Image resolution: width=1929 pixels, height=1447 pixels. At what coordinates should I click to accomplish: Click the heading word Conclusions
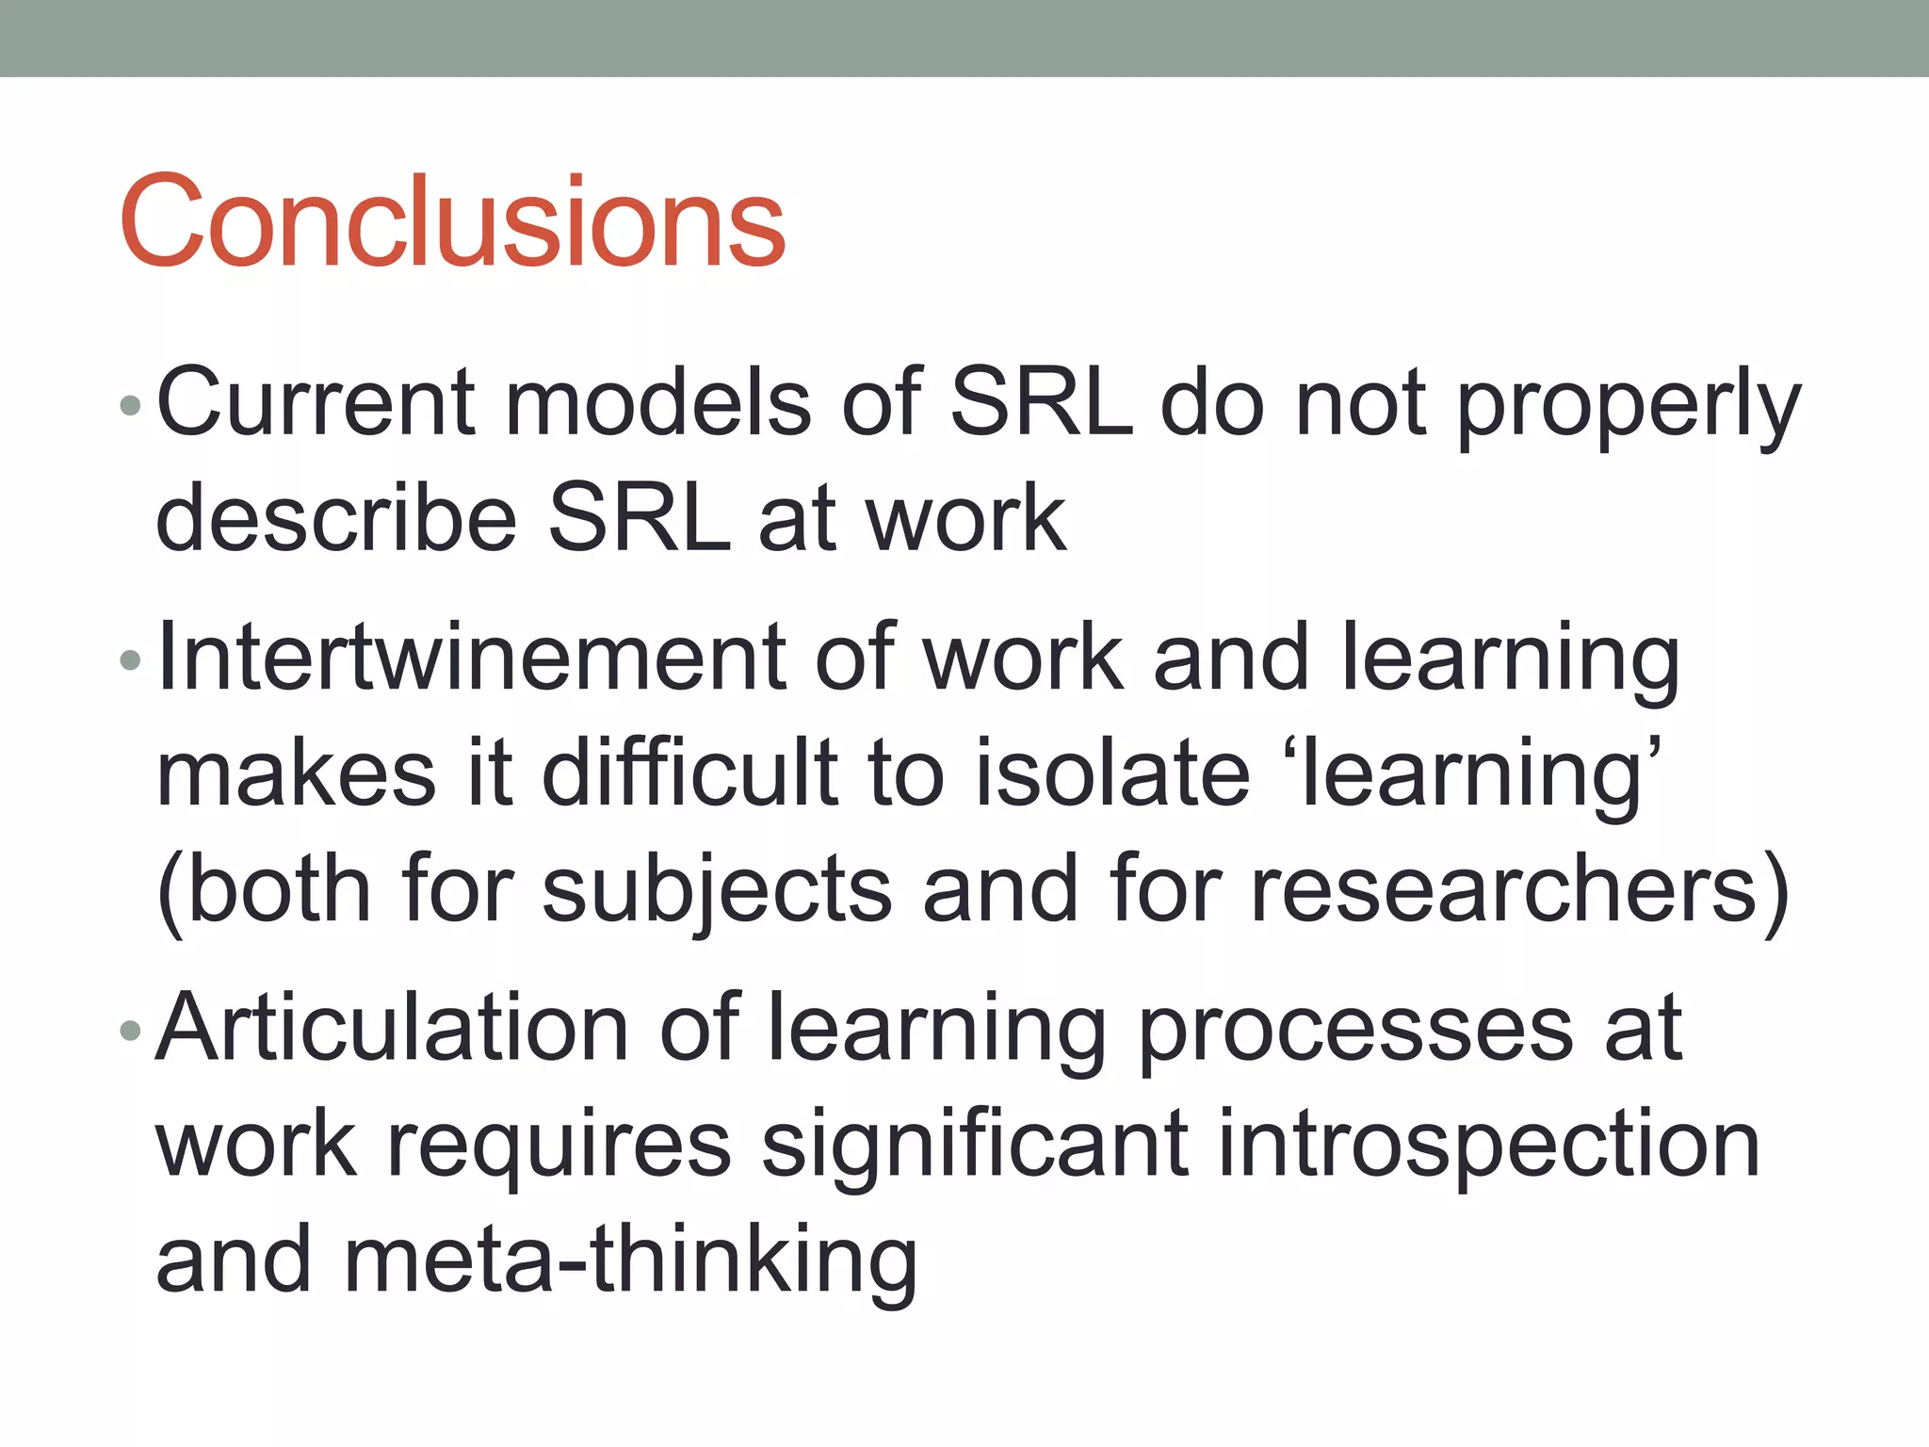coord(452,221)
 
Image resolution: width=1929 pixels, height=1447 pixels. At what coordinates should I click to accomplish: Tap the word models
coord(658,403)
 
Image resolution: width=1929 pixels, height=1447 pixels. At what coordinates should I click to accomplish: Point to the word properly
coord(1629,407)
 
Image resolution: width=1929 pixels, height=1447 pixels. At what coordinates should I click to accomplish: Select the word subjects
coord(717,891)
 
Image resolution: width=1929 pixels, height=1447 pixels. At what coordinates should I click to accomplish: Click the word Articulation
coord(392,1029)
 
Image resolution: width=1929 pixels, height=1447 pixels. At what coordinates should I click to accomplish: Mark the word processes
coord(1355,1032)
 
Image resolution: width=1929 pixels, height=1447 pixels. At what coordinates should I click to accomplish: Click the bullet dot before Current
coord(131,407)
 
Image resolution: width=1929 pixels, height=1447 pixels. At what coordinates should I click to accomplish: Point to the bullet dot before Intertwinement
coord(131,660)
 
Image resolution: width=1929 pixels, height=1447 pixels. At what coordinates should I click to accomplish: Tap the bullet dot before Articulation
coord(131,1032)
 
